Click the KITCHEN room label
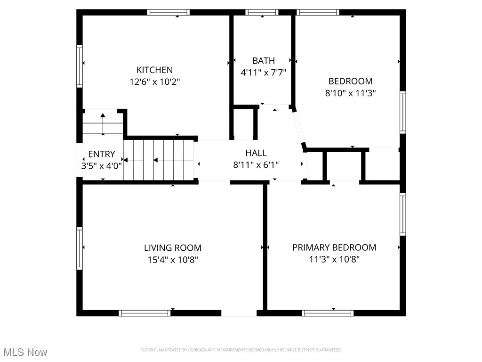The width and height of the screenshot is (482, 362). [x=154, y=70]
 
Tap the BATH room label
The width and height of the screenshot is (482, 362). [x=264, y=61]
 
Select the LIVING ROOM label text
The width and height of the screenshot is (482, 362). [x=173, y=248]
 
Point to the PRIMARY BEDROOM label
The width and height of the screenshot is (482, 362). [x=334, y=247]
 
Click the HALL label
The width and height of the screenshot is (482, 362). [x=256, y=153]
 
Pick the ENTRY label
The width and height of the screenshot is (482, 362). [x=102, y=154]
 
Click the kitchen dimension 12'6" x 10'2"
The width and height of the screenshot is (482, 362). [x=154, y=82]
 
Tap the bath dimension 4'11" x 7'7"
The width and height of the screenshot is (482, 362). [x=264, y=73]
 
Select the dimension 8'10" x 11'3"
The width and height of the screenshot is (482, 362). [x=350, y=93]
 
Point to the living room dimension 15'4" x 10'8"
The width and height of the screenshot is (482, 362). [x=173, y=260]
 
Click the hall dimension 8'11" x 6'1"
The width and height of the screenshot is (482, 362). [x=256, y=165]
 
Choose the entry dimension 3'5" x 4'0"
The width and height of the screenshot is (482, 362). [x=102, y=166]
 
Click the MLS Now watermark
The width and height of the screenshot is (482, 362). [x=25, y=352]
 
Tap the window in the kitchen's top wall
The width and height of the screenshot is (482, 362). [x=168, y=12]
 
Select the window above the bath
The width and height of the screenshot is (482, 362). [x=262, y=12]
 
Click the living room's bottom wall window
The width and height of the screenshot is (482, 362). [x=145, y=313]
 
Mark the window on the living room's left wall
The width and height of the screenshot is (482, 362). [x=79, y=248]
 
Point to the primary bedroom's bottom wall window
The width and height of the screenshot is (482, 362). [x=328, y=313]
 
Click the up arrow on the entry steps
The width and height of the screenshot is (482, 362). [x=103, y=124]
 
